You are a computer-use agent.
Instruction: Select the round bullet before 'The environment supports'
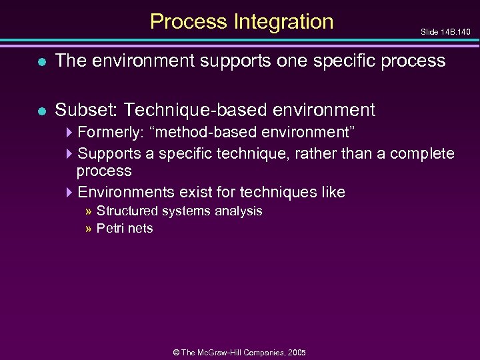42,61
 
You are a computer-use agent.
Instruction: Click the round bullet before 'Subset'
42,110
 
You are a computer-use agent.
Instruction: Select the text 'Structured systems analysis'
179,211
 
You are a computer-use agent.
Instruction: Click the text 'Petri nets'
125,229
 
